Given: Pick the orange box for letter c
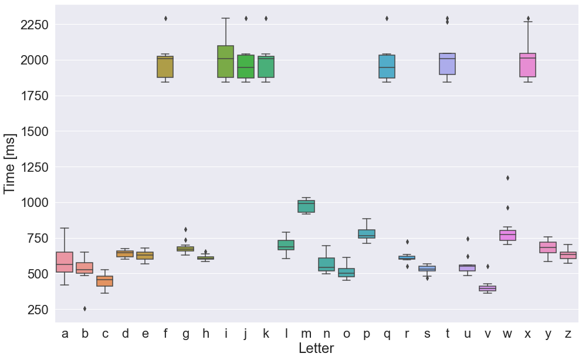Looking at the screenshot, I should pyautogui.click(x=105, y=281).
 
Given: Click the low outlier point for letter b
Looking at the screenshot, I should pyautogui.click(x=85, y=308).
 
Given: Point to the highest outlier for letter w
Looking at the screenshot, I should pyautogui.click(x=507, y=178).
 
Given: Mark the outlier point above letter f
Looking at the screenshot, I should pyautogui.click(x=165, y=18).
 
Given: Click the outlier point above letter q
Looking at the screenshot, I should pyautogui.click(x=387, y=18).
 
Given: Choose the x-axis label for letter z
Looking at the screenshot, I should pyautogui.click(x=568, y=334).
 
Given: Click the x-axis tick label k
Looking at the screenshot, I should pyautogui.click(x=266, y=334).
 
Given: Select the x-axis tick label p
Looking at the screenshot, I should pyautogui.click(x=367, y=334).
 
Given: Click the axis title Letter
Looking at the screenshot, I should pyautogui.click(x=316, y=348).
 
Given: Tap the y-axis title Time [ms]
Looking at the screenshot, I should pyautogui.click(x=10, y=164).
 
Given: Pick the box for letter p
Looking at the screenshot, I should pyautogui.click(x=367, y=234).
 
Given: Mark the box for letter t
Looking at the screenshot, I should pyautogui.click(x=447, y=64).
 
